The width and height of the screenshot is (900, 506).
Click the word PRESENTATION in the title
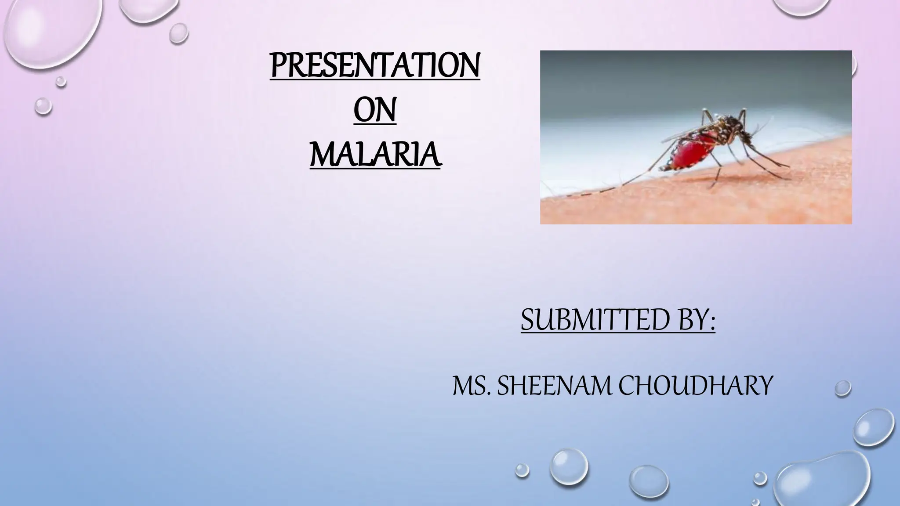pos(375,66)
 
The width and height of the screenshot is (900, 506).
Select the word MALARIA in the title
pos(375,155)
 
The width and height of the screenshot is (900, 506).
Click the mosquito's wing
pos(690,132)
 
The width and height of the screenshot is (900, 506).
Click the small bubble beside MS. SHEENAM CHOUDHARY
pos(842,388)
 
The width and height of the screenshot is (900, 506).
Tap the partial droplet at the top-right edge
pos(802,7)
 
